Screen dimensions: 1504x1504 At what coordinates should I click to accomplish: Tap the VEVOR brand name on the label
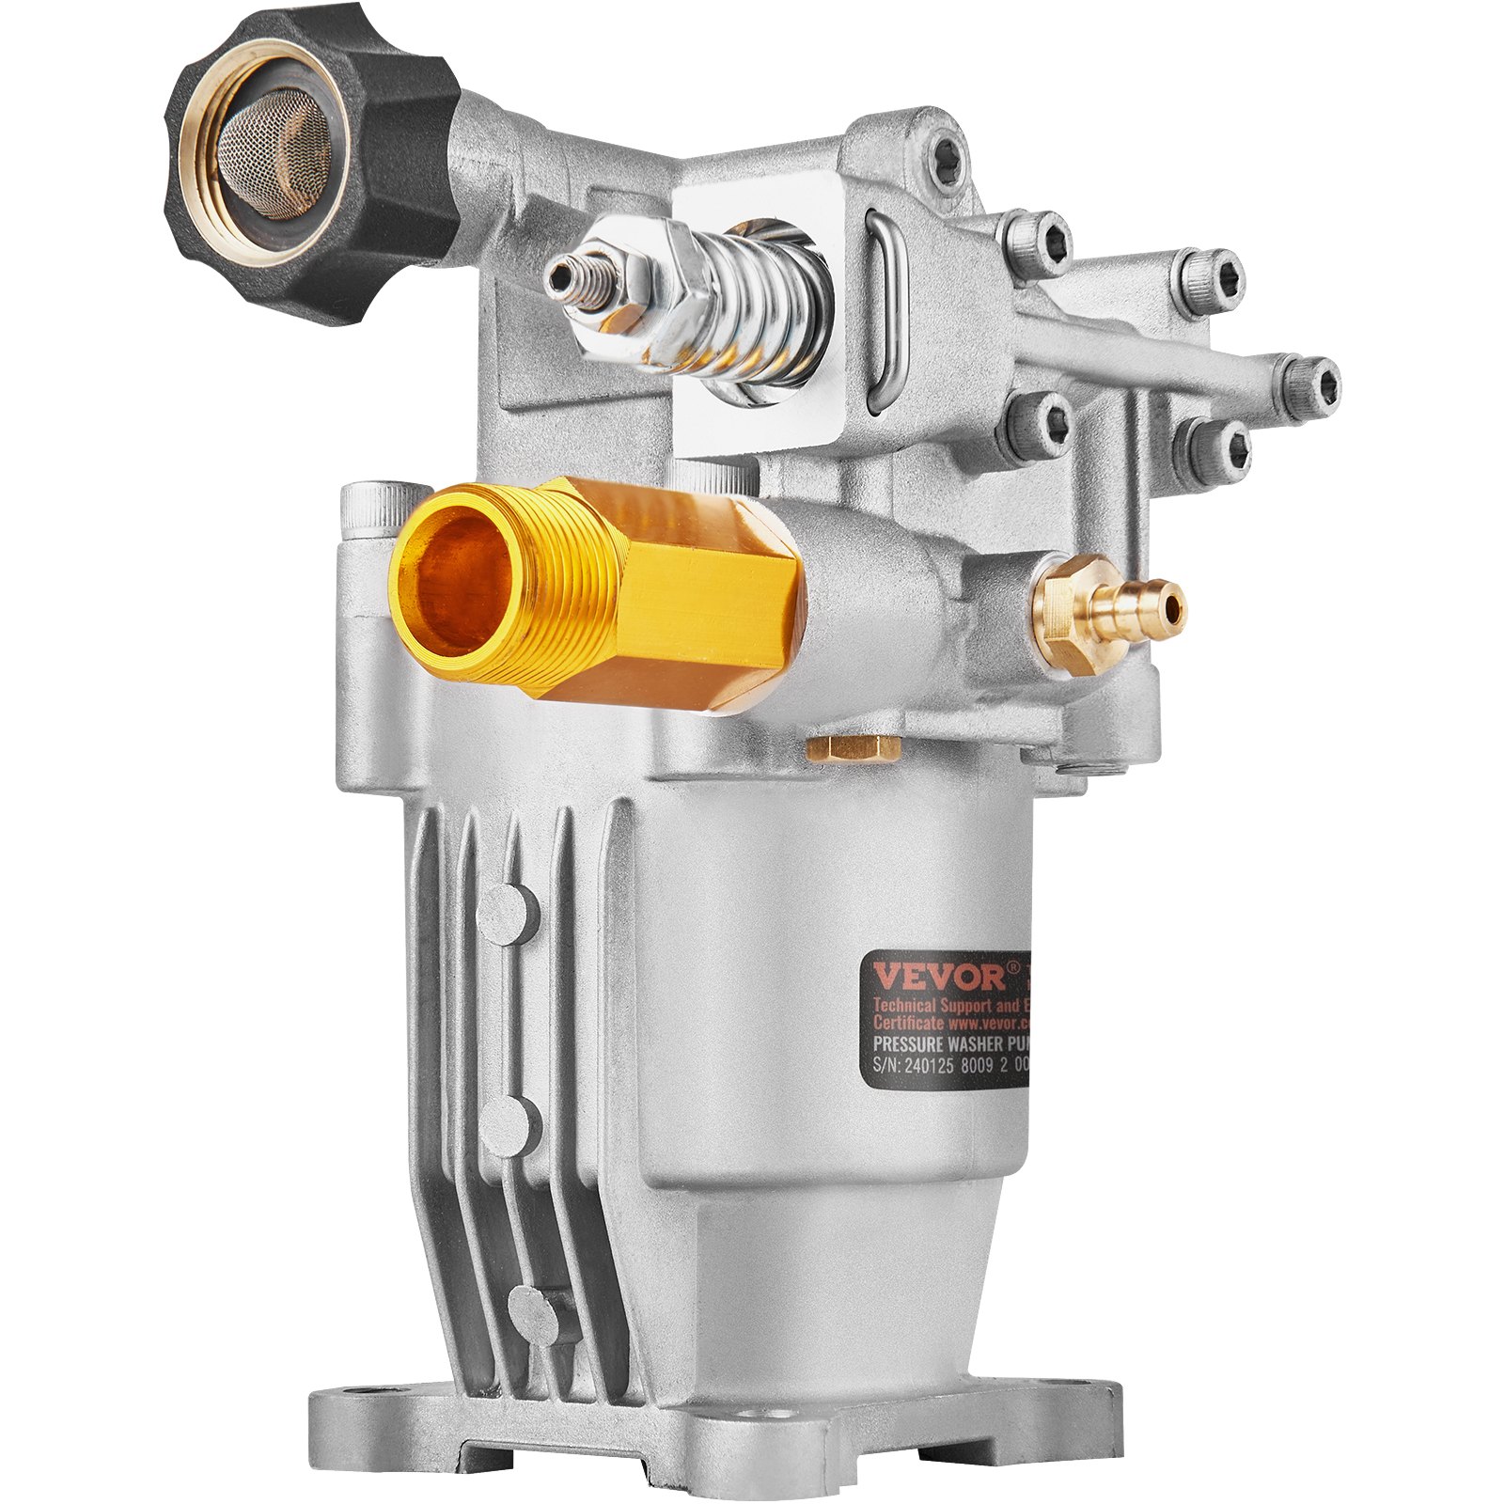[x=934, y=976]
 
